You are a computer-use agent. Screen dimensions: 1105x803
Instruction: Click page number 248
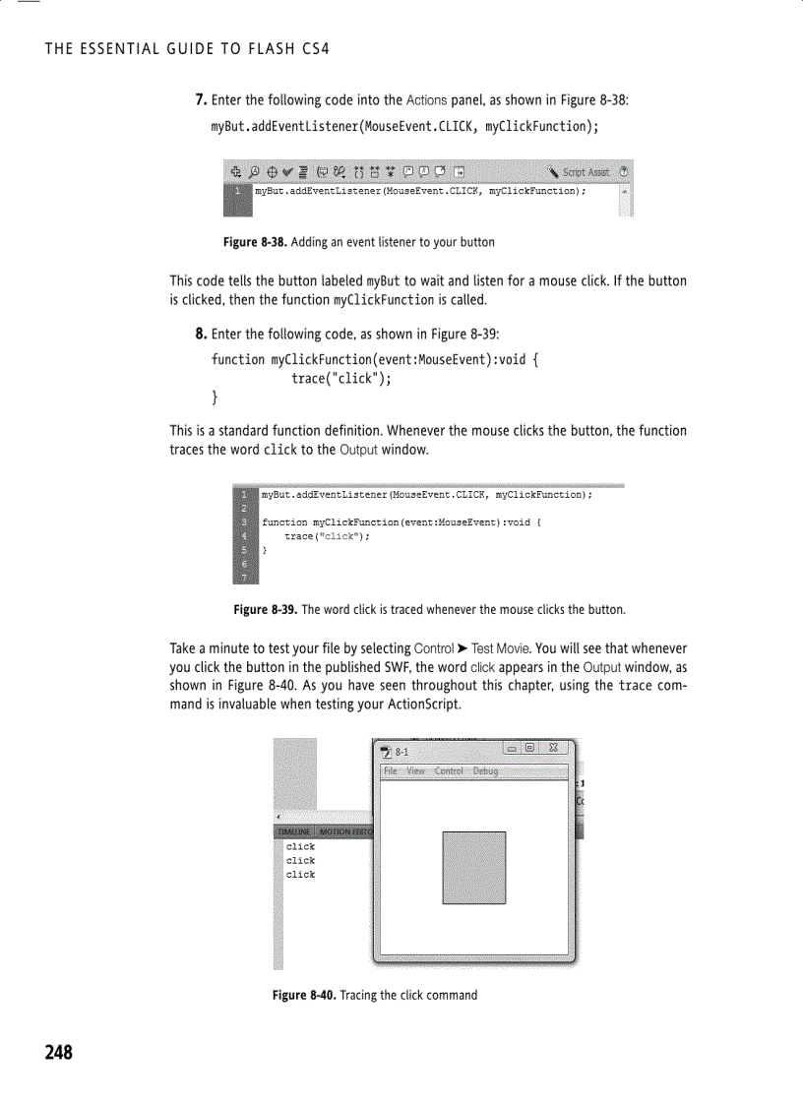[x=58, y=1053]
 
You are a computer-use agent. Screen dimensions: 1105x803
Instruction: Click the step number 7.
[x=200, y=100]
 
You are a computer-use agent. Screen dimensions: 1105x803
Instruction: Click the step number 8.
[x=200, y=335]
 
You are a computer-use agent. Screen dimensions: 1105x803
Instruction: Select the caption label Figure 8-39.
[x=265, y=610]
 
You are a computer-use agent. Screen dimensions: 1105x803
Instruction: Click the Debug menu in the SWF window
[x=485, y=771]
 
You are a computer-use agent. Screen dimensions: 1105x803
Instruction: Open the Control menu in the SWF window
[x=449, y=771]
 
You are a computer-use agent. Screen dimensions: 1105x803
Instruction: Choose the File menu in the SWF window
[x=391, y=771]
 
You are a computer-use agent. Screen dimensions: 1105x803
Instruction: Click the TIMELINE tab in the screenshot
[x=292, y=831]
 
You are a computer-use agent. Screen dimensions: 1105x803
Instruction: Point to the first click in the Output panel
[x=300, y=846]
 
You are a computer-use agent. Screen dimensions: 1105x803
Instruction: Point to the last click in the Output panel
[x=300, y=874]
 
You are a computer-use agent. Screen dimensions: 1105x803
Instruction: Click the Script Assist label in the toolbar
[x=586, y=171]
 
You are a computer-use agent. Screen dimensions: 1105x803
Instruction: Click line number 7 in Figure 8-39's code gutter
[x=243, y=577]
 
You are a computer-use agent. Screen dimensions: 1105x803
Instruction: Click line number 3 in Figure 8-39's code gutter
[x=243, y=522]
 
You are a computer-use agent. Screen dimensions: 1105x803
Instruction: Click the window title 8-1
[x=401, y=753]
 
